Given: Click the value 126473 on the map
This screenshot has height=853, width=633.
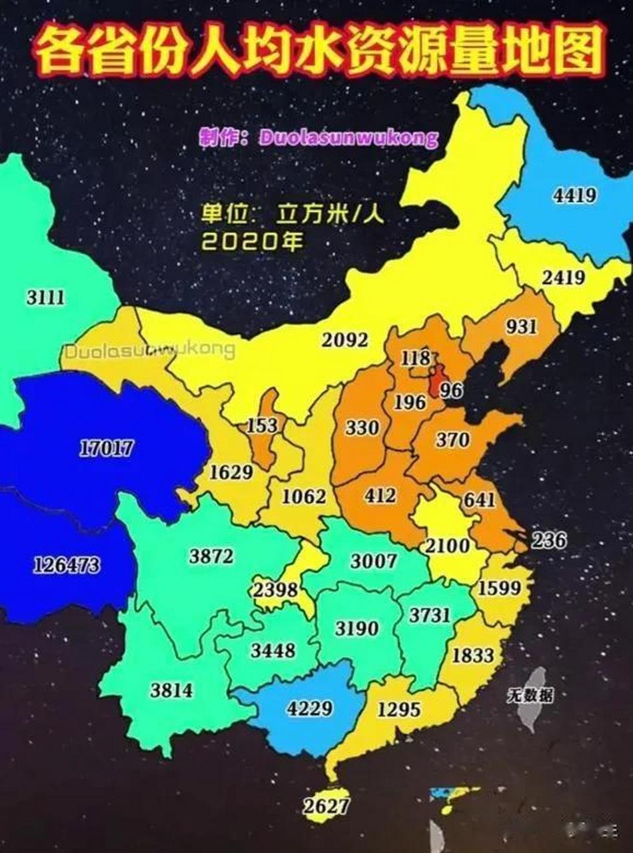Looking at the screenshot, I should (67, 566).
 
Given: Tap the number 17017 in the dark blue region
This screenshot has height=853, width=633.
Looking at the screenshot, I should (106, 448).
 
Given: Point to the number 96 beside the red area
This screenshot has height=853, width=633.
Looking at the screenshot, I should (451, 391).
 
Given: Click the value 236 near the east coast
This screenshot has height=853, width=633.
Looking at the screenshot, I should (548, 539).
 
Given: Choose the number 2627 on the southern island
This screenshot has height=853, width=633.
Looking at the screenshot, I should (326, 806).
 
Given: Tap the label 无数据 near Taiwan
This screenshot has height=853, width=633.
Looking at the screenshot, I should (529, 696).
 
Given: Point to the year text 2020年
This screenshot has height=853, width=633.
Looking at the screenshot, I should (253, 241).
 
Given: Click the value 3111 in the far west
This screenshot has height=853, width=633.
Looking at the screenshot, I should (46, 297).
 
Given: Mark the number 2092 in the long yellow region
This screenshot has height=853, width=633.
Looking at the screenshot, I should (344, 340).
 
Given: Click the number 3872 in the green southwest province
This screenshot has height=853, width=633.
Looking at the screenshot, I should (211, 555).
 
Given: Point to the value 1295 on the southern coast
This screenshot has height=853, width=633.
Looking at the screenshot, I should (399, 709).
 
